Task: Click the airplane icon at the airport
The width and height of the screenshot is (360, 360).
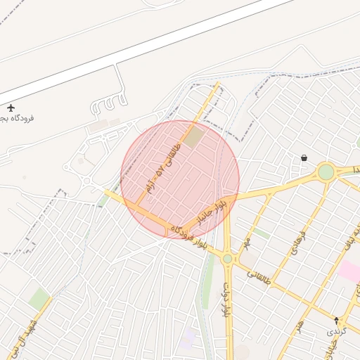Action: [x=11, y=108]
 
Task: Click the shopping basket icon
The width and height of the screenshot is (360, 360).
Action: [x=304, y=158]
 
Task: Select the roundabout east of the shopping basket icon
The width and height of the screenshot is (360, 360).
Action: [x=326, y=172]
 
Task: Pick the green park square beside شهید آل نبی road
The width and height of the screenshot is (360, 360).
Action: [x=39, y=298]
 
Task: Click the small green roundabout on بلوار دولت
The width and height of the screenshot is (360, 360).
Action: [x=227, y=259]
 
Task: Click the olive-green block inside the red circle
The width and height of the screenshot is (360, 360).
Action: [x=194, y=136]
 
